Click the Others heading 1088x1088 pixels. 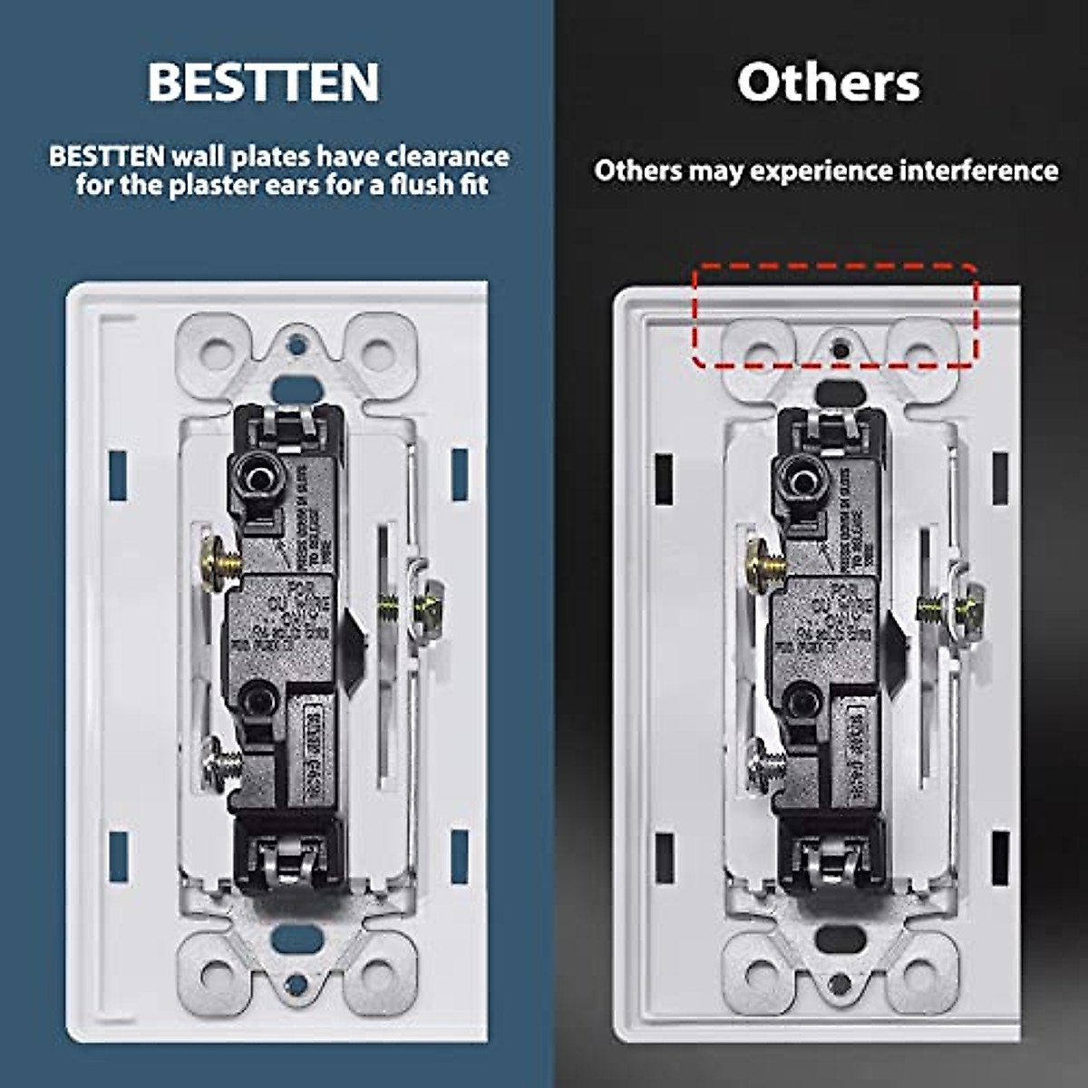click(x=828, y=83)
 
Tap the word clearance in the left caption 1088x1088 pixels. click(x=447, y=156)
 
